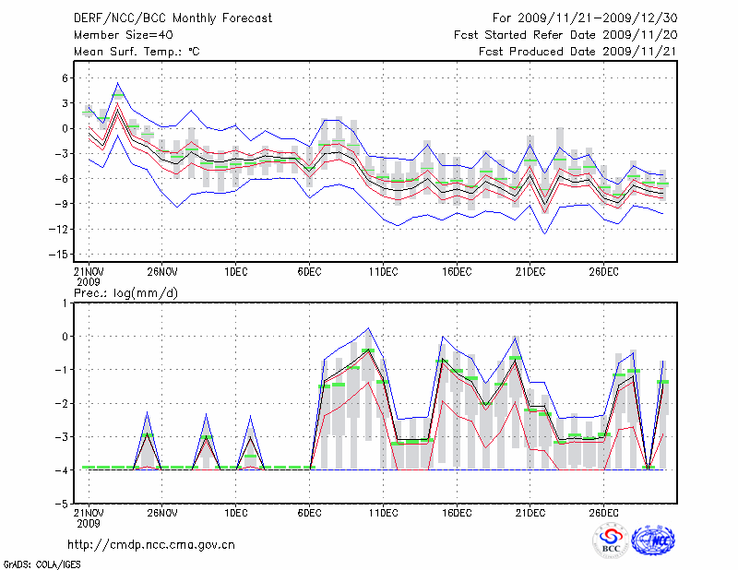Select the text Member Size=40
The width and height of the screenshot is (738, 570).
pyautogui.click(x=121, y=34)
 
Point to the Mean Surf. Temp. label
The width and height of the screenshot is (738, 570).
pyautogui.click(x=137, y=52)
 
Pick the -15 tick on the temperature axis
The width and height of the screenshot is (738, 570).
pyautogui.click(x=62, y=254)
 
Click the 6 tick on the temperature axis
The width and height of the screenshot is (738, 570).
pyautogui.click(x=65, y=78)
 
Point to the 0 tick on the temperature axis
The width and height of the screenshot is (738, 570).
pyautogui.click(x=65, y=128)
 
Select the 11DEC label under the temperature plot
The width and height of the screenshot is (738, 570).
pyautogui.click(x=383, y=271)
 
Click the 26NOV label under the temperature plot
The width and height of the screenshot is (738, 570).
pyautogui.click(x=161, y=271)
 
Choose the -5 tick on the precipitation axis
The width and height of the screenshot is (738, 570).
pyautogui.click(x=64, y=505)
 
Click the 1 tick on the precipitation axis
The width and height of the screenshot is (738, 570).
pyautogui.click(x=66, y=303)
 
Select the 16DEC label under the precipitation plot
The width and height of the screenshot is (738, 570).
pyautogui.click(x=457, y=514)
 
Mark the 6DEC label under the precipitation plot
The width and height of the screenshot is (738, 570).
pyautogui.click(x=309, y=514)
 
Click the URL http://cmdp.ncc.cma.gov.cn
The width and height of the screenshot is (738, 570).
pyautogui.click(x=152, y=545)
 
